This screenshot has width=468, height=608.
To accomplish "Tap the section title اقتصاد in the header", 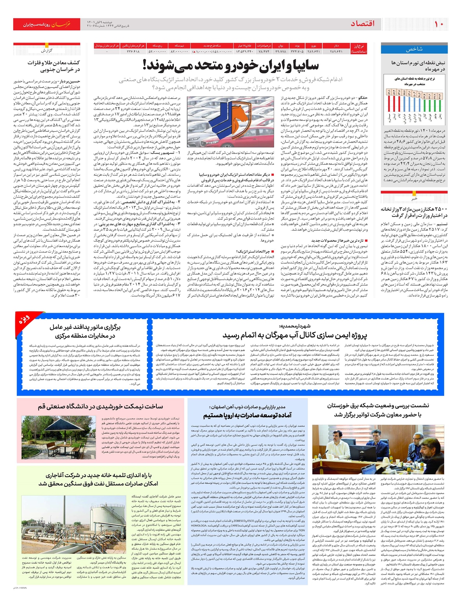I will coord(363,24).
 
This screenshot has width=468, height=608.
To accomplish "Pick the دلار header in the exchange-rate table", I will coord(336,46).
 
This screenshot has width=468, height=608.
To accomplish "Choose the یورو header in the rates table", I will coord(314,46).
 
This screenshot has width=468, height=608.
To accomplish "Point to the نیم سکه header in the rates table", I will coord(179,46).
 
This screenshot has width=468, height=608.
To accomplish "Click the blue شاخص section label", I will coord(414,49).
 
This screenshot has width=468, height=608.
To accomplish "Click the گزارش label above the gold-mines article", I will coord(47,50).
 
